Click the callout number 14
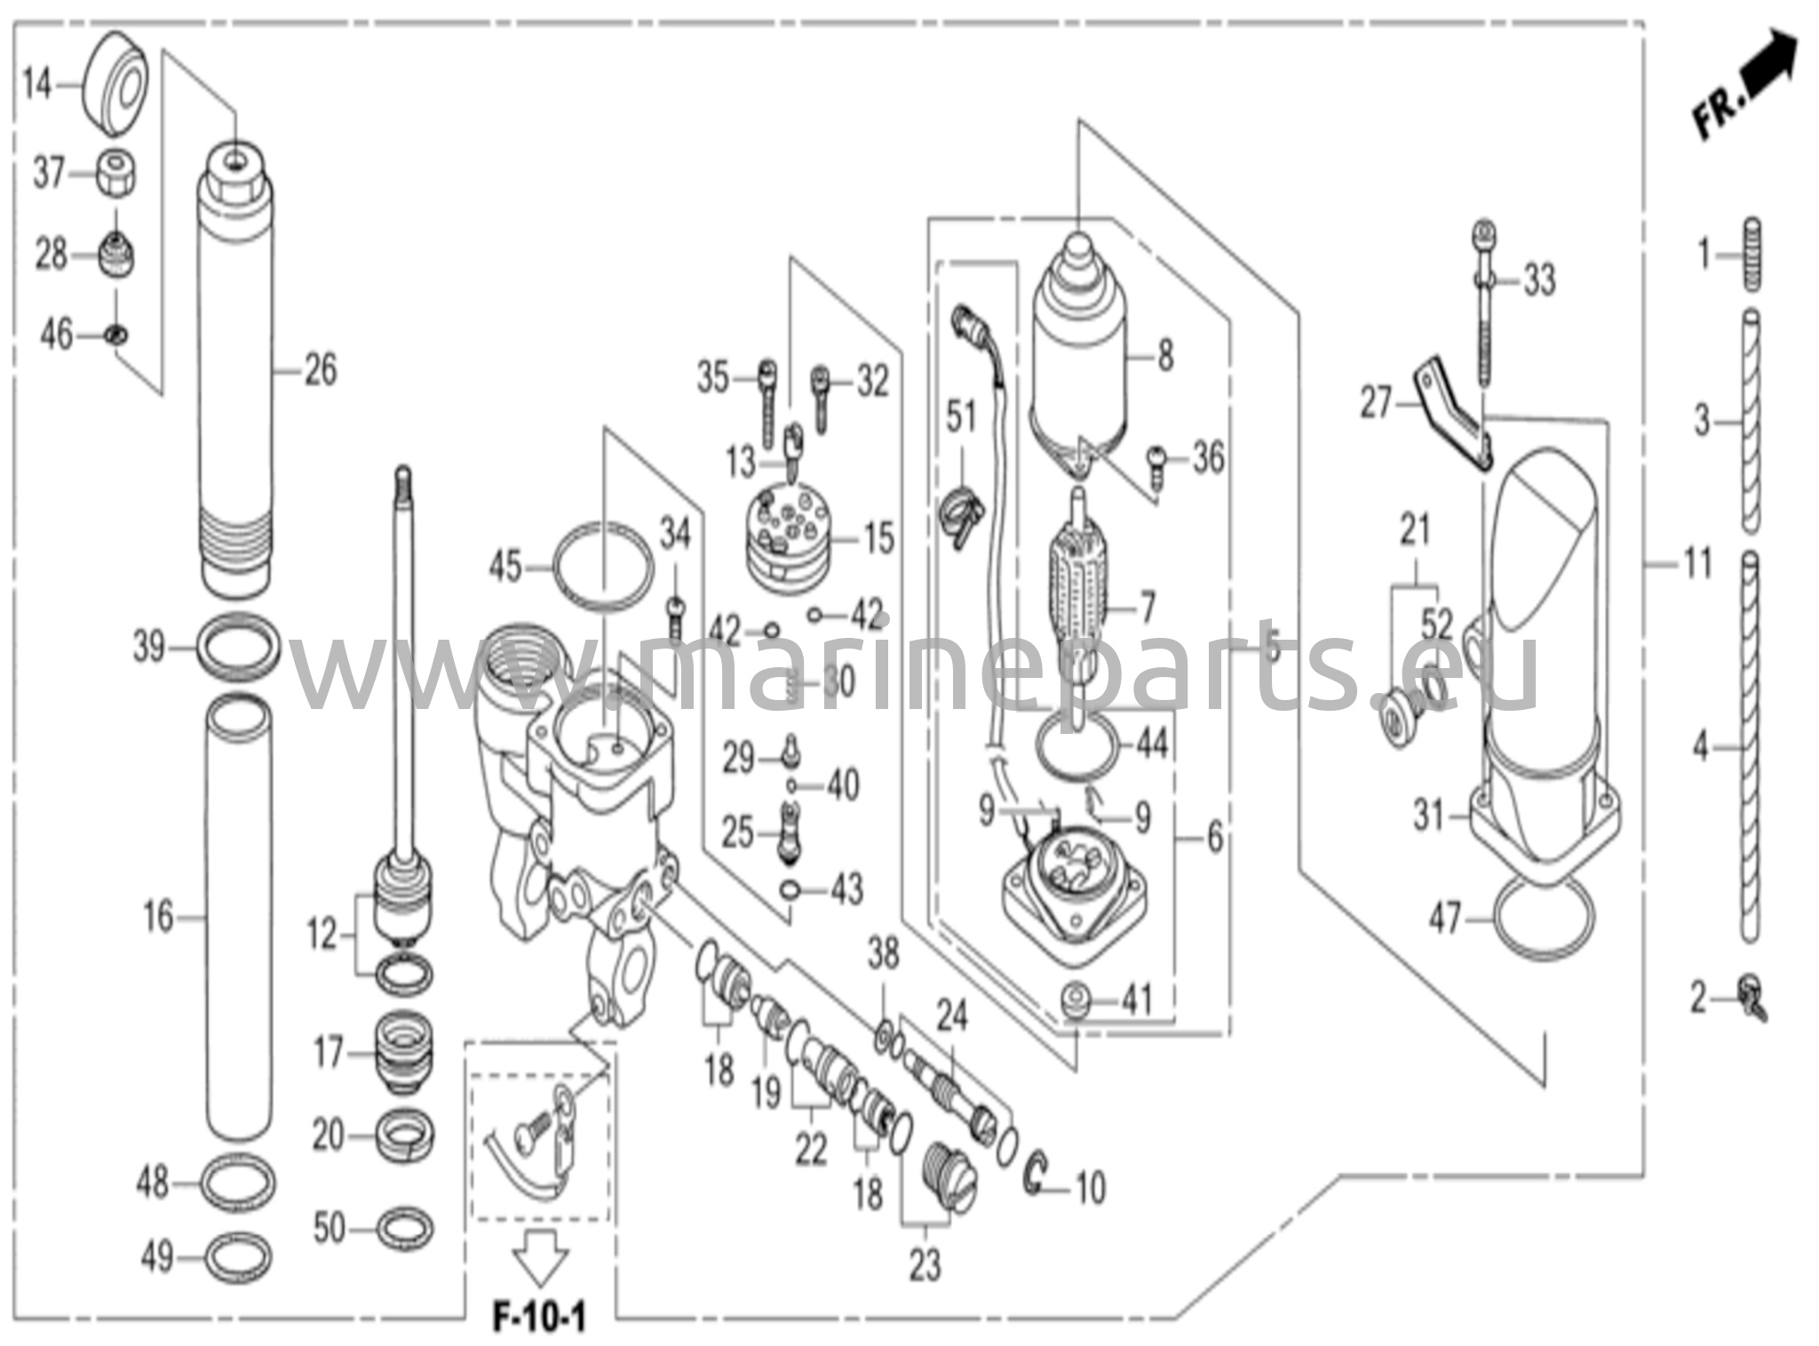38,85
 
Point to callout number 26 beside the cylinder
320,370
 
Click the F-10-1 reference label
539,1318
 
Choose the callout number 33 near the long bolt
1540,281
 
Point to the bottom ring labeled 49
238,1258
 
